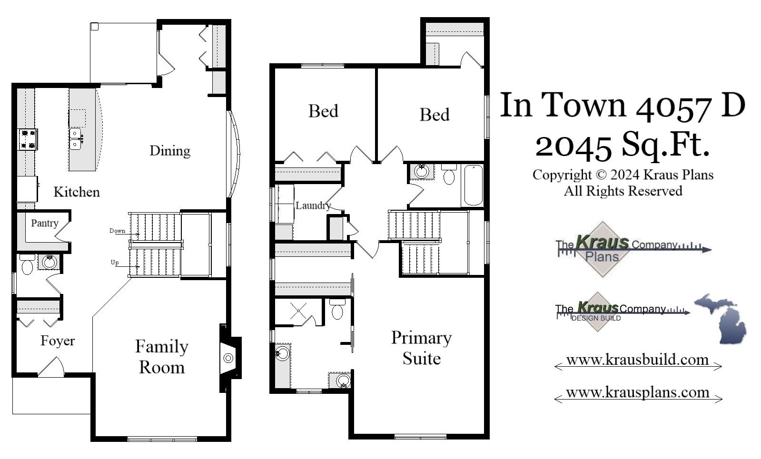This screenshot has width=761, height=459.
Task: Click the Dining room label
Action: [x=170, y=151]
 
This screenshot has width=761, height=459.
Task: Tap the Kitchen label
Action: [x=77, y=192]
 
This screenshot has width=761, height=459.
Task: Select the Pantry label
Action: [x=45, y=223]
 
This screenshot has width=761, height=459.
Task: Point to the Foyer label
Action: [x=58, y=341]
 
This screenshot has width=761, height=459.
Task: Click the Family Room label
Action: [x=161, y=357]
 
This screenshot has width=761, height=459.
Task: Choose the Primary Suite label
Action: [x=421, y=348]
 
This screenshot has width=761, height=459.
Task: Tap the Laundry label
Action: [x=313, y=205]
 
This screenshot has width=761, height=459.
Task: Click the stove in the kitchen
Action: [x=28, y=139]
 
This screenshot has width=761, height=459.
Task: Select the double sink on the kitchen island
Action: [x=75, y=138]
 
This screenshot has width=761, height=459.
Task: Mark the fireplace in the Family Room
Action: [x=229, y=358]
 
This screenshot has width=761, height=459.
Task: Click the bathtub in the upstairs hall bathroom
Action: [x=473, y=185]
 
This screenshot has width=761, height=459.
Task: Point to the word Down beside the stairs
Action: [x=117, y=231]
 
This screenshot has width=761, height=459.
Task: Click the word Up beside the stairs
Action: [x=115, y=263]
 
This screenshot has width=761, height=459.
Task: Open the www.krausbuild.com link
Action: [x=637, y=360]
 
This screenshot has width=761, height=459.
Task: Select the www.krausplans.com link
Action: [x=637, y=392]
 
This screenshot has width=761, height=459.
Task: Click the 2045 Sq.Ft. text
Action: [x=622, y=145]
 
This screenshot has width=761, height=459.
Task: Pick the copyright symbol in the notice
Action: [x=601, y=175]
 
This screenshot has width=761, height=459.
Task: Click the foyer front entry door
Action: [x=51, y=367]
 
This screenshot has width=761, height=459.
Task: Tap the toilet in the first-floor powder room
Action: [x=27, y=267]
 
